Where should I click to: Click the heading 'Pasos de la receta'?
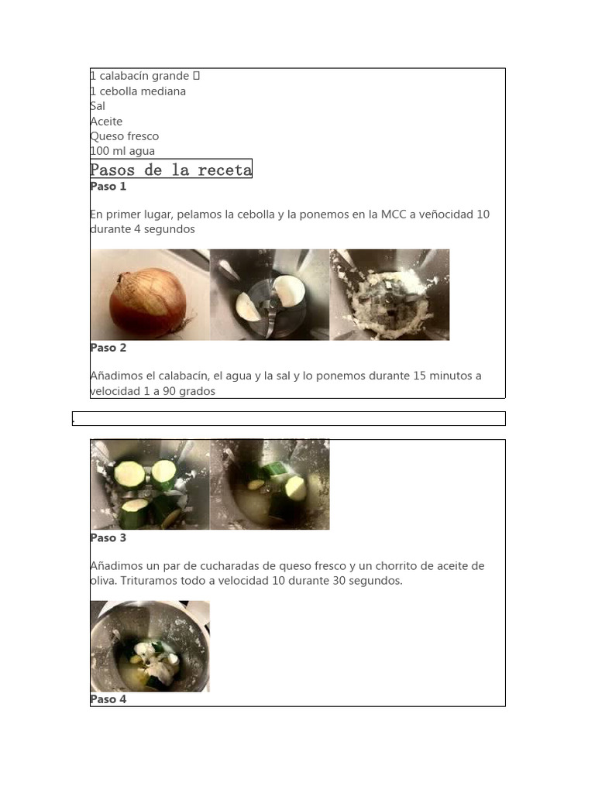171,170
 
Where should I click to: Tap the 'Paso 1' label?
108,187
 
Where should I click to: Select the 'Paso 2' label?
108,348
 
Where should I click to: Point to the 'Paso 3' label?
108,538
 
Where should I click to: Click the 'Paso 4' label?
108,699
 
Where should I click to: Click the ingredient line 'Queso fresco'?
125,136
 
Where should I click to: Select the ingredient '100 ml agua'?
122,151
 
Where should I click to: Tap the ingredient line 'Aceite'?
106,122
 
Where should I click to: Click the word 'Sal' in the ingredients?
98,106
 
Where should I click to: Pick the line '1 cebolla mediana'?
138,91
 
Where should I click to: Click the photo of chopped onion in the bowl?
390,295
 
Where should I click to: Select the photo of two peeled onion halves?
270,295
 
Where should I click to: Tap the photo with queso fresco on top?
150,647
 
